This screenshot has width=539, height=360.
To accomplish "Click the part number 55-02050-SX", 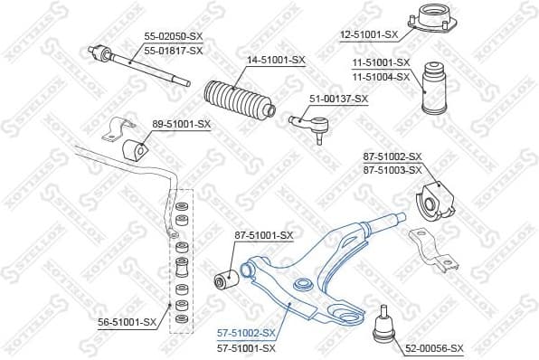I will pos(173,36).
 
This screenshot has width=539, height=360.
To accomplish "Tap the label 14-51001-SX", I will pos(277,61).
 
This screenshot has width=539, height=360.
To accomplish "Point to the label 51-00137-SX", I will pos(339,99).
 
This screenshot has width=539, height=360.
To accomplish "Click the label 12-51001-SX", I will pos(369,34).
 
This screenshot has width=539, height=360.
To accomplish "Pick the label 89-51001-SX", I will pos(181,123).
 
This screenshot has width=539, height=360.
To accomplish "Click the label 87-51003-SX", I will pos(392,170).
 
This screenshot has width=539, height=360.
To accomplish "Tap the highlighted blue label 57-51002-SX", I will pos(246,334).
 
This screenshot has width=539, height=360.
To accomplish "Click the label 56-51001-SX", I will pos(127,320).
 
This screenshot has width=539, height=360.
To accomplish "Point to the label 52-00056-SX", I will pos(434,347).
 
